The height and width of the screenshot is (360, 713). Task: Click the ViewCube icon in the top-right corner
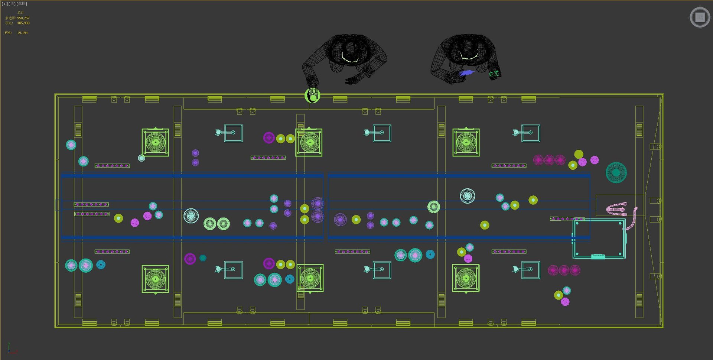tap(700, 17)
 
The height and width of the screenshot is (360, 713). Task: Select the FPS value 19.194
tap(22, 33)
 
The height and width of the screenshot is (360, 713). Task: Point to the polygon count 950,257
tap(23, 18)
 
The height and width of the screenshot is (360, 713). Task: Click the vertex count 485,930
tap(23, 23)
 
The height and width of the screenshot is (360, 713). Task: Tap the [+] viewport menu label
tap(4, 4)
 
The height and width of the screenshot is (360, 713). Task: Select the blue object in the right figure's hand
tap(467, 73)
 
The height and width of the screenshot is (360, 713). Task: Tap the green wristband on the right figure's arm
tap(494, 74)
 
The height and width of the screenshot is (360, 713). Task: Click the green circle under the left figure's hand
tap(312, 96)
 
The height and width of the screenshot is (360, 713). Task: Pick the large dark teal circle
tap(616, 172)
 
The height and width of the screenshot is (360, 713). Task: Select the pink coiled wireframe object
tap(617, 209)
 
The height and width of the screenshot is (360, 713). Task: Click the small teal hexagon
tap(203, 258)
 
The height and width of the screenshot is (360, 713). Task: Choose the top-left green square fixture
tap(155, 142)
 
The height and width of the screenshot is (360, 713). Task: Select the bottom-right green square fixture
tap(466, 278)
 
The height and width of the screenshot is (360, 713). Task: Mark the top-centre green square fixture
tap(309, 142)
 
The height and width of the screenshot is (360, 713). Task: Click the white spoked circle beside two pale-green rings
tap(191, 215)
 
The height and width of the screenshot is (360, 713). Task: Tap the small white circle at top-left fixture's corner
tap(141, 158)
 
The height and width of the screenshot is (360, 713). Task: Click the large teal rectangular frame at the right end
tap(599, 238)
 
